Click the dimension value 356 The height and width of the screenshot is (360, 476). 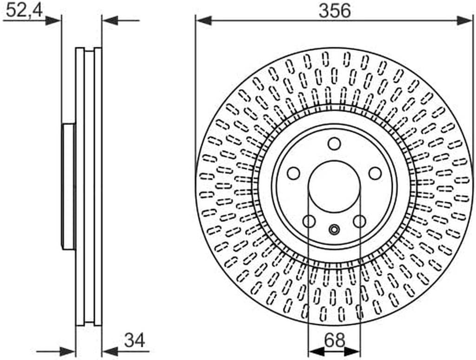click(334, 10)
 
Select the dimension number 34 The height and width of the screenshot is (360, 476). click(134, 340)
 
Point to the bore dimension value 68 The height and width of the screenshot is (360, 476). click(335, 340)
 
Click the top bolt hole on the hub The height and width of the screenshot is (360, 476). click(334, 144)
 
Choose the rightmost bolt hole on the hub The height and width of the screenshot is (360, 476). click(375, 173)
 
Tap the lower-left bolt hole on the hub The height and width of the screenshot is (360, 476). click(309, 221)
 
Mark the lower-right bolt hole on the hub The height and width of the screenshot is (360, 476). click(360, 221)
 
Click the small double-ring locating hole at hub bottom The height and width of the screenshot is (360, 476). click(334, 230)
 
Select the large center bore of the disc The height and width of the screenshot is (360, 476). click(334, 187)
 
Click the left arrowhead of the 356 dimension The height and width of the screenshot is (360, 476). click(204, 21)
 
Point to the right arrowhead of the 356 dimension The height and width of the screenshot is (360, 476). click(464, 21)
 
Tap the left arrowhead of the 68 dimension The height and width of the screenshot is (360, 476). click(316, 352)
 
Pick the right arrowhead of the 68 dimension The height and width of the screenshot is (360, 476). click(353, 352)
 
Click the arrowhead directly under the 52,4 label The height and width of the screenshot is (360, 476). click(53, 20)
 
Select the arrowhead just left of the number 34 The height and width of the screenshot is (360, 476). click(110, 352)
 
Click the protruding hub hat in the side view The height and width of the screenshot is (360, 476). click(69, 187)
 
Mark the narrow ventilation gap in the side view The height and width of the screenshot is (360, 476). click(89, 187)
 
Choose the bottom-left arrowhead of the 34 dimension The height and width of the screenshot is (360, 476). click(67, 352)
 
